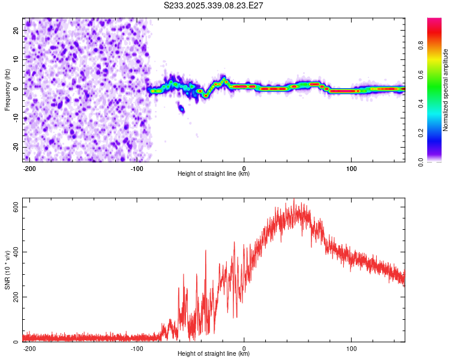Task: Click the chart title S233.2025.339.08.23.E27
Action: [x=214, y=5]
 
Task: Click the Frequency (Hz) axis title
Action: [x=7, y=89]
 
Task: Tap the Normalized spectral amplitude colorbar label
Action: [x=445, y=90]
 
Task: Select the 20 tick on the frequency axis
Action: [x=17, y=29]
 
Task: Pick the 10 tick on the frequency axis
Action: [x=17, y=59]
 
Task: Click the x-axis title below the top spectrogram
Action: [x=214, y=174]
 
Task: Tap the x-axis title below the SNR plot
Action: [x=214, y=354]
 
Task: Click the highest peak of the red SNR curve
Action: [x=294, y=200]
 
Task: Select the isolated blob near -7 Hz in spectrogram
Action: [x=181, y=109]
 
